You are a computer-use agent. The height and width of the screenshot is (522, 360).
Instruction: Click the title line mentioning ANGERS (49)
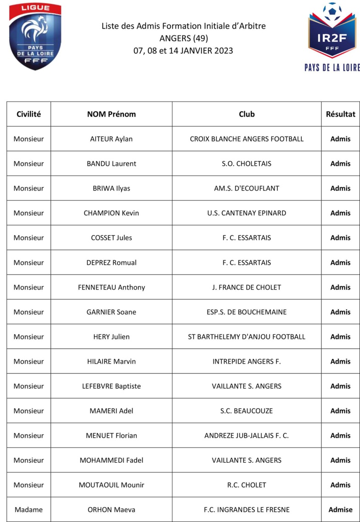[183, 38]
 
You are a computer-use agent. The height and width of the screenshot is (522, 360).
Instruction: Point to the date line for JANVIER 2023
[183, 51]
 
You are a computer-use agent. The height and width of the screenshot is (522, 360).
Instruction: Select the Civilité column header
[28, 114]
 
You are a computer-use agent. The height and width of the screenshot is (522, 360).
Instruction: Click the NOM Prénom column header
[112, 114]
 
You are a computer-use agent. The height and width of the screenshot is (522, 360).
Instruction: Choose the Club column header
[247, 114]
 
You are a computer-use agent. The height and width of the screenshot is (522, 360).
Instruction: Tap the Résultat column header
[340, 114]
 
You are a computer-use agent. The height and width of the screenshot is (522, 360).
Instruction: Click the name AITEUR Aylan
[112, 139]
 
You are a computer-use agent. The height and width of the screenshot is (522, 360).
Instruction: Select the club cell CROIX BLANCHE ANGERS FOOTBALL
[247, 139]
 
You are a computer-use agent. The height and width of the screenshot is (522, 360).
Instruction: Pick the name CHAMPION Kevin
[112, 213]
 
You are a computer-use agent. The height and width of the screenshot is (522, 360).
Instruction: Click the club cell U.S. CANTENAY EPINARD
[247, 213]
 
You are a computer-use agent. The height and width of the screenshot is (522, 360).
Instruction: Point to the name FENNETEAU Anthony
[112, 287]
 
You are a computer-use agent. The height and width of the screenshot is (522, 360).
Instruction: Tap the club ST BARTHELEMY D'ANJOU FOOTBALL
[247, 337]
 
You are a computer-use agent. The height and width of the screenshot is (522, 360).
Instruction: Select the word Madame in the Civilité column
[28, 510]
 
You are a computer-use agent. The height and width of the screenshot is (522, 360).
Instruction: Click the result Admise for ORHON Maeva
[340, 510]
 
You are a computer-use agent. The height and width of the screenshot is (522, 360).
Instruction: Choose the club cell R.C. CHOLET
[247, 485]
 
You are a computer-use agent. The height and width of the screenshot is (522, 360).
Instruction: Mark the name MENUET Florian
[112, 436]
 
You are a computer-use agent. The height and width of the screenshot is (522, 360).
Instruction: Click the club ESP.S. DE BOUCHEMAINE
[247, 312]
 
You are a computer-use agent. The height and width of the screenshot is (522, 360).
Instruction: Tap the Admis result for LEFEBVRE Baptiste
[340, 386]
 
